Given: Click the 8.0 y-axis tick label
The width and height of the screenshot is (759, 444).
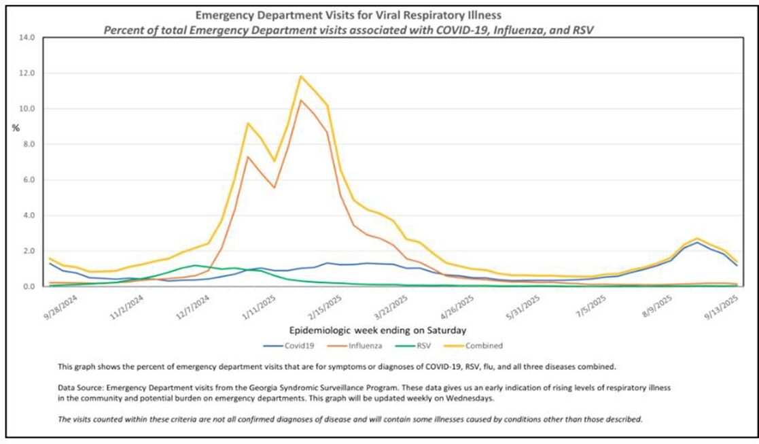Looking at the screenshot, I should pyautogui.click(x=27, y=144).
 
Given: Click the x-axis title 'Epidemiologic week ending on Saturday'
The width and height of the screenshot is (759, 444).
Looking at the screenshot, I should pyautogui.click(x=378, y=330).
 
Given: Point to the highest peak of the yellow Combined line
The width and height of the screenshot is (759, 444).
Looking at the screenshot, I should pyautogui.click(x=301, y=76).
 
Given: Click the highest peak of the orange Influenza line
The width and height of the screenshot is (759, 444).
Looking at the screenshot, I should pyautogui.click(x=301, y=101).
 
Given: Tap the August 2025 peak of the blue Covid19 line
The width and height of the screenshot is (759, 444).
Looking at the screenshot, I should pyautogui.click(x=697, y=242).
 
